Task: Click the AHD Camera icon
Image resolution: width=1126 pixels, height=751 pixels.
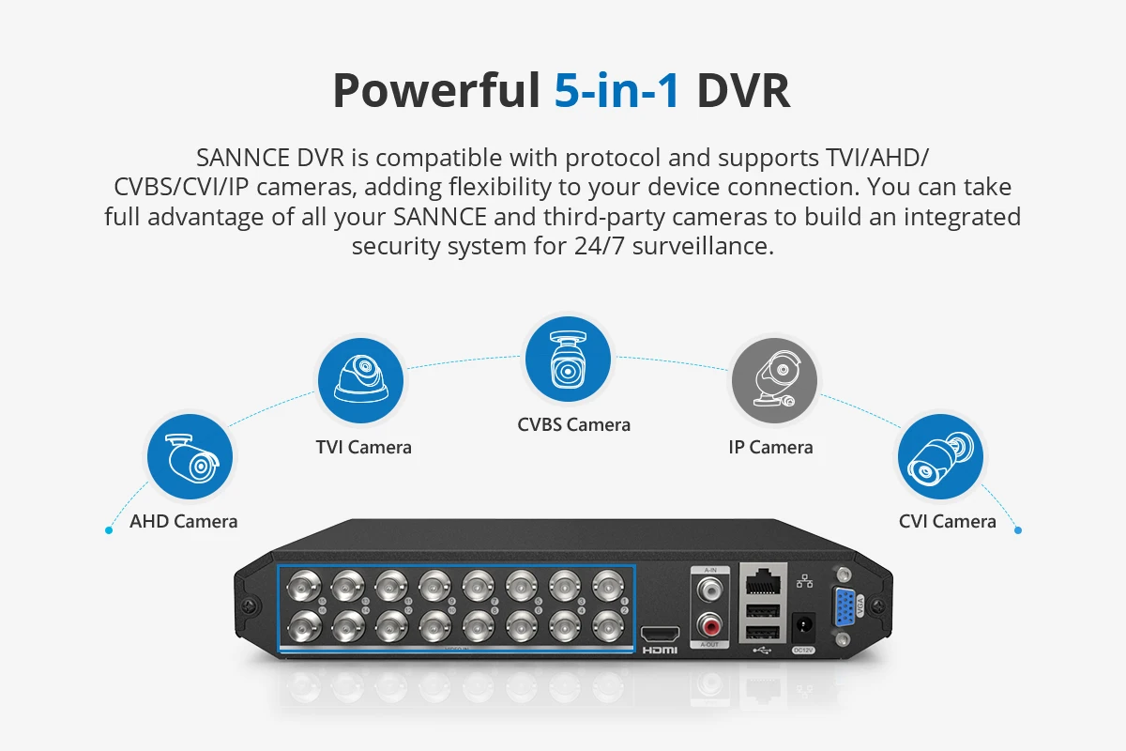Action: tap(189, 459)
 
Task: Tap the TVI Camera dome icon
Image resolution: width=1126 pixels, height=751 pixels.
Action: tap(361, 381)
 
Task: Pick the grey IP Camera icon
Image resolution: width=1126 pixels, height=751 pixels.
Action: tap(773, 381)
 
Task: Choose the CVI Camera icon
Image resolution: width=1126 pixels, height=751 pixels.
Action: tap(940, 459)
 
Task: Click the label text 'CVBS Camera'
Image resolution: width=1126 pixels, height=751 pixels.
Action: tap(573, 424)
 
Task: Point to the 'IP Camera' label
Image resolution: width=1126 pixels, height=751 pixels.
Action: tap(770, 447)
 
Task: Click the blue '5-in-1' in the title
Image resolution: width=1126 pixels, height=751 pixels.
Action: tap(616, 91)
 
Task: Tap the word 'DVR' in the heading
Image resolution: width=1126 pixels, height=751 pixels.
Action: tap(742, 91)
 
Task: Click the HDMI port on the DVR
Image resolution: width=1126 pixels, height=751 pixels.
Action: tap(660, 634)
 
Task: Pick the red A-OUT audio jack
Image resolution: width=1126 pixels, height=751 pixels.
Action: tap(709, 621)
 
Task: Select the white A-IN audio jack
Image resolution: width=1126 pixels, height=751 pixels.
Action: tap(709, 589)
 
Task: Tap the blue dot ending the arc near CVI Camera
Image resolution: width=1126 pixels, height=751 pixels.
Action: tap(1018, 530)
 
